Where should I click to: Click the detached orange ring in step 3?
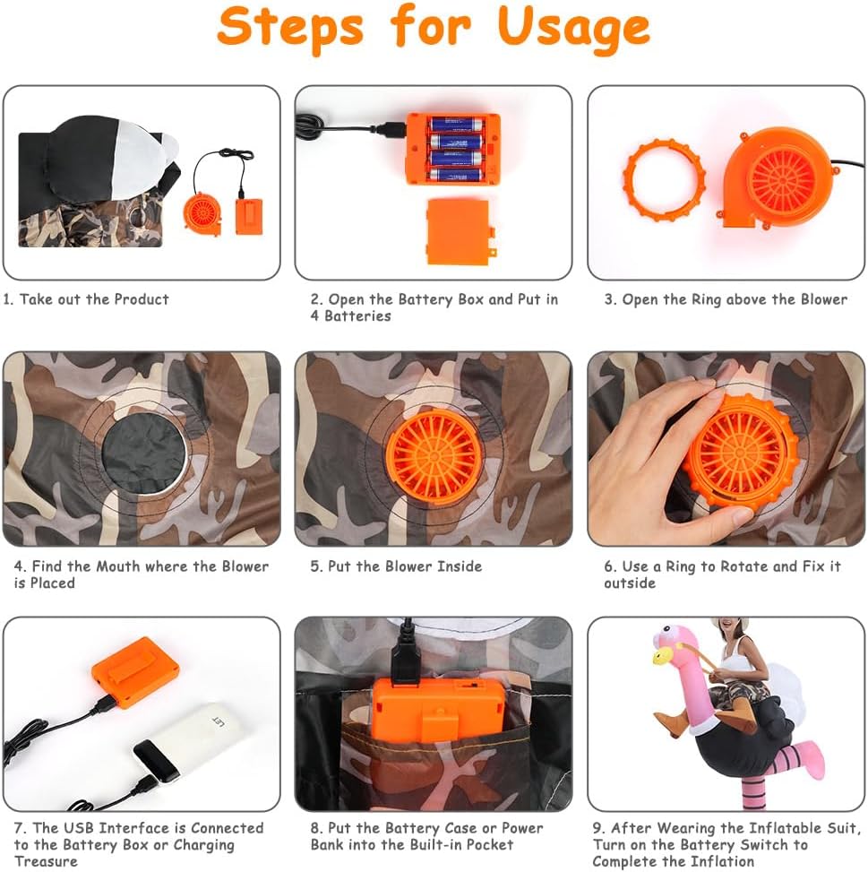(x=664, y=180)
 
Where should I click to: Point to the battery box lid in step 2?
(x=460, y=233)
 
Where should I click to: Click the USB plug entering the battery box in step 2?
(x=390, y=129)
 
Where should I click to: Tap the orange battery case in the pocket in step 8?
(x=438, y=710)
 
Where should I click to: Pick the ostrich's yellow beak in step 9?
(x=661, y=657)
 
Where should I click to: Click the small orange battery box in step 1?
(x=249, y=216)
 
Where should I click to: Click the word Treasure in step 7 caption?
(x=46, y=861)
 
